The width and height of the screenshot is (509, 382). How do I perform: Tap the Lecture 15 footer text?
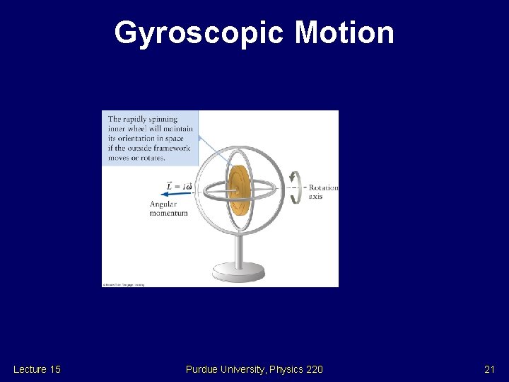pos(37,369)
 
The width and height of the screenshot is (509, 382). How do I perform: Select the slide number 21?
pos(489,369)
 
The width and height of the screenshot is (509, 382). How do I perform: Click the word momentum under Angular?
pos(168,212)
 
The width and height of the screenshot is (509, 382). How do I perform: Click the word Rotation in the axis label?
pos(323,187)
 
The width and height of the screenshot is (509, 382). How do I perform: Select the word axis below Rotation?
pos(315,196)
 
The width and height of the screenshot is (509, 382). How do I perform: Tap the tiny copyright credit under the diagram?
pos(124,285)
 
